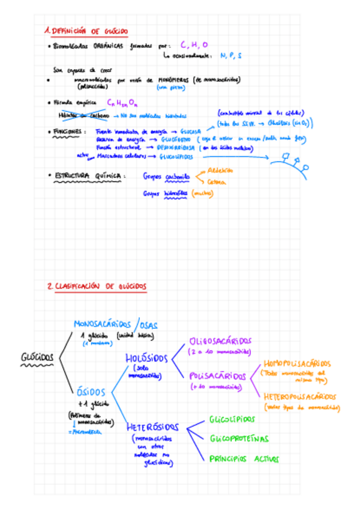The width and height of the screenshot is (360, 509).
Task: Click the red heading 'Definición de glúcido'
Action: point(86,31)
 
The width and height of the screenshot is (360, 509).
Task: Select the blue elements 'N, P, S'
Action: point(231,56)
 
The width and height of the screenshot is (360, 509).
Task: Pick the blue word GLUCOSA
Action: point(191,131)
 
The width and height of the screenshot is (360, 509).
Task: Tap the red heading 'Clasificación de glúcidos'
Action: point(97,287)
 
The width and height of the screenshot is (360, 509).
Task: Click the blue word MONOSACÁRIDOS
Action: point(103,324)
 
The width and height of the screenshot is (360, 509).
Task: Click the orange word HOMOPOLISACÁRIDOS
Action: point(297,364)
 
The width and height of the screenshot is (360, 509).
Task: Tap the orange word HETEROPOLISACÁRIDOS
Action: point(299,397)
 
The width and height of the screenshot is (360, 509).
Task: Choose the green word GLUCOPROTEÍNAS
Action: point(239,439)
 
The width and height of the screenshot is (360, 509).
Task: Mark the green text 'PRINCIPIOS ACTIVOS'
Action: point(244,459)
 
